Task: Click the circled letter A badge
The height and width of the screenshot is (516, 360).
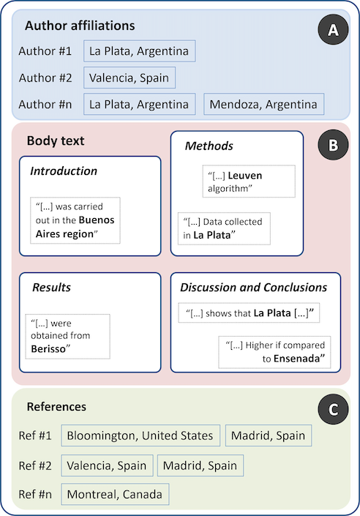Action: coord(333,29)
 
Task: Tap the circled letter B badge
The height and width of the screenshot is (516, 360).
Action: coord(333,145)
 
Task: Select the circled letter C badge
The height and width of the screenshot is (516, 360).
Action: coord(333,409)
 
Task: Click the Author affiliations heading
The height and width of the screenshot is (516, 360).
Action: coord(80,26)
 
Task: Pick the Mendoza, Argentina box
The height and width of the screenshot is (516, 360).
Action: coord(263,105)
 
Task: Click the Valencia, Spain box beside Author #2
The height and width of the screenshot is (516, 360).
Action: coord(130,78)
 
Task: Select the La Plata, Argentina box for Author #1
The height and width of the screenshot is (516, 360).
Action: coord(140,51)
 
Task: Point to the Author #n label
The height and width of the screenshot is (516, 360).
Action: coord(45,105)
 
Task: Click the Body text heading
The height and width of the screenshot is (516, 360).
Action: coord(56,141)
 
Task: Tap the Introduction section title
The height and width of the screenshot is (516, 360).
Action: coord(64,171)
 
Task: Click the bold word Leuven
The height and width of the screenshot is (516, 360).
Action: coord(245,176)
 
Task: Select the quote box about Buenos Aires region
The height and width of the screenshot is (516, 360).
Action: coord(75,220)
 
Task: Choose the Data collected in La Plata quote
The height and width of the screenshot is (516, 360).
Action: coord(224,228)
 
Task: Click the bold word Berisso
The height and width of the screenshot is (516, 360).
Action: coord(48,349)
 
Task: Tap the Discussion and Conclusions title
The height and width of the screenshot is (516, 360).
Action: coord(254,288)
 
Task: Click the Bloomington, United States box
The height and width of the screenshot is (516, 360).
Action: coord(140,435)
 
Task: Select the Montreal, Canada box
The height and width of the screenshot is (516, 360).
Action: coord(115,494)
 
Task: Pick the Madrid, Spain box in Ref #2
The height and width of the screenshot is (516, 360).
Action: coord(200,465)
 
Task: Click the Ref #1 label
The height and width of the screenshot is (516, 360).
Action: coord(35,435)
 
